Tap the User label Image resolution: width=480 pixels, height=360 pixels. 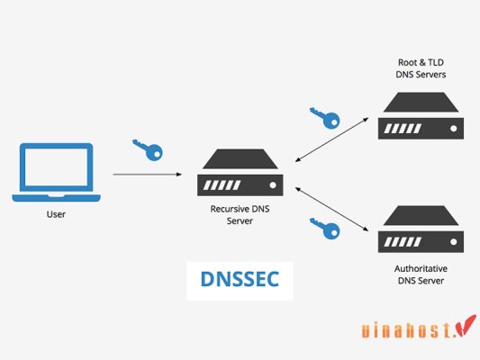pos(57,215)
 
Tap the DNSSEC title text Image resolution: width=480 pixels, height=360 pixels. pos(240,281)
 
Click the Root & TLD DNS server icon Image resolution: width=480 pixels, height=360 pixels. pos(421,115)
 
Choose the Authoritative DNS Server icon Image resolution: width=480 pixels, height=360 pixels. pos(421,229)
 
